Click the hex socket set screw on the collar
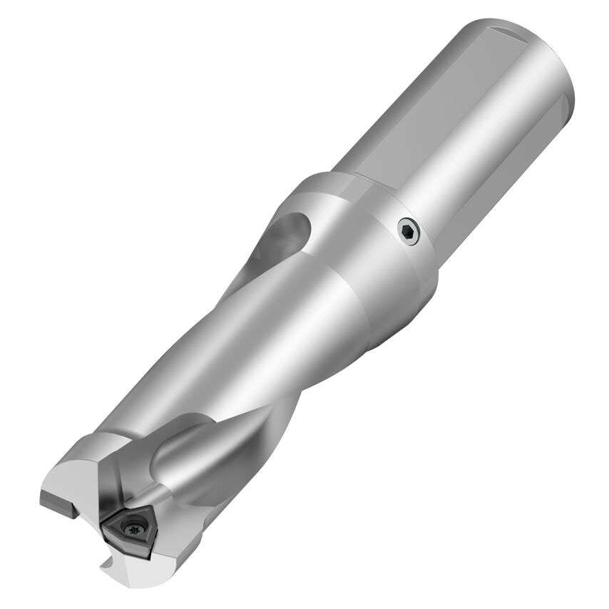408,231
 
